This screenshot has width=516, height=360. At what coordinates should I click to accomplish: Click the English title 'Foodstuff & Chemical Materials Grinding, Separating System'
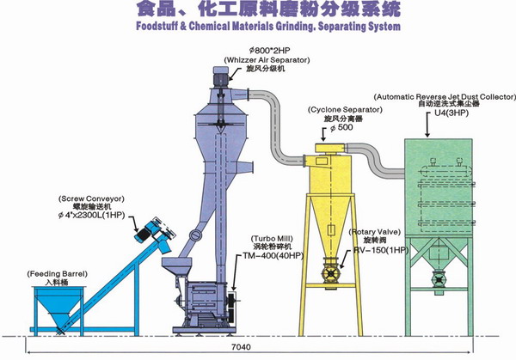point(257,27)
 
